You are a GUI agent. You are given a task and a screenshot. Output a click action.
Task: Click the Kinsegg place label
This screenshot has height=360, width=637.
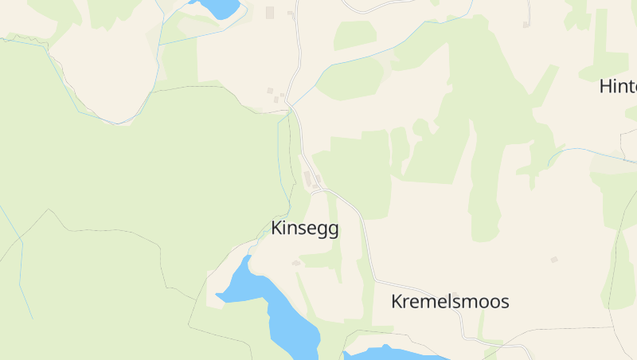(305, 229)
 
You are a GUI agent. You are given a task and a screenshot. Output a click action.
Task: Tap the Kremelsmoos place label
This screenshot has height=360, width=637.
(450, 302)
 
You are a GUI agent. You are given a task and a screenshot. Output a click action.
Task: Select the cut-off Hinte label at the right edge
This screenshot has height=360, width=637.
(618, 87)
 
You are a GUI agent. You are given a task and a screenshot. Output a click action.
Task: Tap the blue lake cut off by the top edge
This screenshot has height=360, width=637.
(217, 7)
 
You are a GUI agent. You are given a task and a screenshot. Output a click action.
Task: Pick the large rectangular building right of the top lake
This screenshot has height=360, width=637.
(270, 12)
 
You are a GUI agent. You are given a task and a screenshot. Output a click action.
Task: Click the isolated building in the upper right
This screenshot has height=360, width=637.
(526, 25)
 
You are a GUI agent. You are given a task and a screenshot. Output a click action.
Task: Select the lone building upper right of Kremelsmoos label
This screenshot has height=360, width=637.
(554, 260)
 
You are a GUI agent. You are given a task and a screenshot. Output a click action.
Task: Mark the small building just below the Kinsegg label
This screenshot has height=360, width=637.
(296, 263)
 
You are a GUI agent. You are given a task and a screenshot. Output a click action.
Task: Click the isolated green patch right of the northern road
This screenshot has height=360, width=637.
(354, 35)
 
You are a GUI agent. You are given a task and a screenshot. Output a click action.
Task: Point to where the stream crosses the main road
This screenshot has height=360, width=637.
(291, 105)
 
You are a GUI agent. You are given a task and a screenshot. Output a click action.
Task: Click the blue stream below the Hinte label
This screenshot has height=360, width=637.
(589, 151)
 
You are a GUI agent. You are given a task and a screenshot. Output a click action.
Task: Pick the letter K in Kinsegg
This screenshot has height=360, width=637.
(276, 229)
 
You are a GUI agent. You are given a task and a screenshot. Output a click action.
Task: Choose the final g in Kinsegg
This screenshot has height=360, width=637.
(333, 230)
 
